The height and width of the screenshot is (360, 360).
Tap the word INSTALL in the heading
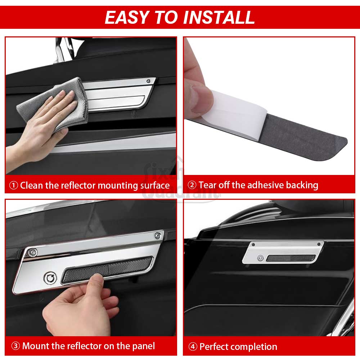219,17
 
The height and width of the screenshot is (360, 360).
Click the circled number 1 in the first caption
14,185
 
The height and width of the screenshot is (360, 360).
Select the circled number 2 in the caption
192,185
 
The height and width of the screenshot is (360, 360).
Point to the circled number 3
15,346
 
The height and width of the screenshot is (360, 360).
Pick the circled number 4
193,346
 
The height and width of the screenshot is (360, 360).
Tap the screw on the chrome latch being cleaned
149,81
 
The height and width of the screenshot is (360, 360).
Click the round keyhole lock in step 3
50,278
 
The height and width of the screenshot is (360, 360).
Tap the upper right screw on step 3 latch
158,235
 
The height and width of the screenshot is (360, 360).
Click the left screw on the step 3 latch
32,252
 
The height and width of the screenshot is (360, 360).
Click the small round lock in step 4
260,258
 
